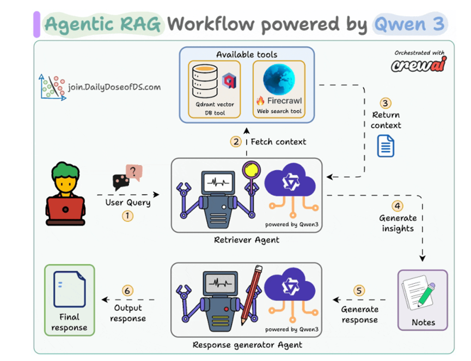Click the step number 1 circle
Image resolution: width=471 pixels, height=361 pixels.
[127, 216]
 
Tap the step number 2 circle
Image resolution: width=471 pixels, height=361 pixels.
[236, 142]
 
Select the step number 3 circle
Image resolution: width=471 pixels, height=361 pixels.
[386, 103]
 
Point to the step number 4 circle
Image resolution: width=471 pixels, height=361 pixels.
[397, 206]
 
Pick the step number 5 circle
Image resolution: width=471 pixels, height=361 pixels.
[359, 290]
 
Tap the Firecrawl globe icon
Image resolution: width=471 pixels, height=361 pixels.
[278, 80]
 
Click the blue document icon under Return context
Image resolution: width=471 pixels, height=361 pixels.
[386, 146]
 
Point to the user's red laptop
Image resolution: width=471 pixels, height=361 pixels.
[65, 209]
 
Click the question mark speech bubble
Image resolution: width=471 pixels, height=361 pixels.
[133, 173]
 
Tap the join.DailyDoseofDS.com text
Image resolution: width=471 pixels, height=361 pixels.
[114, 86]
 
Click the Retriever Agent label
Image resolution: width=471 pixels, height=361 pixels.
[247, 240]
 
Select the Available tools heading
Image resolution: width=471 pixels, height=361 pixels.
[247, 54]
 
